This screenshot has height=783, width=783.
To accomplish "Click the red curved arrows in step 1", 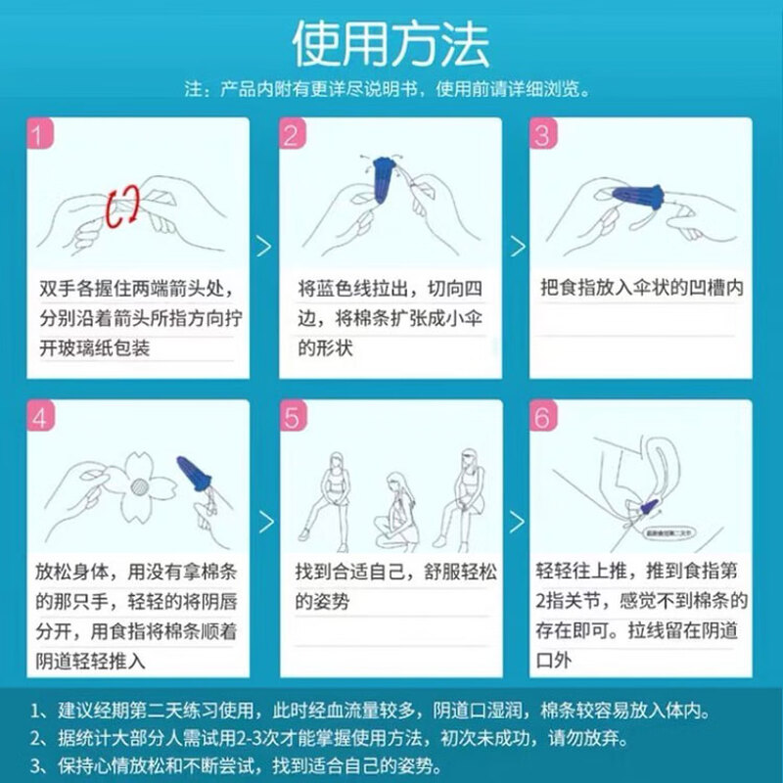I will click(123, 206).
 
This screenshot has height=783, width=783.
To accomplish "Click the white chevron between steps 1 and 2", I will click(263, 245).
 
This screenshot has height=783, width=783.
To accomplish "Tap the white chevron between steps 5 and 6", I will click(515, 519).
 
